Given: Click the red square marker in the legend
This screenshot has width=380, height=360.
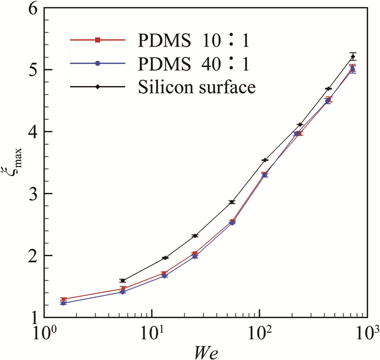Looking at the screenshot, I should click(x=98, y=40).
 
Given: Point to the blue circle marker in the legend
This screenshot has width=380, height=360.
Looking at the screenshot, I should click(x=98, y=63).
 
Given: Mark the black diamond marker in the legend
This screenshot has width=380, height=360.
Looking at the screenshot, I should click(x=98, y=87).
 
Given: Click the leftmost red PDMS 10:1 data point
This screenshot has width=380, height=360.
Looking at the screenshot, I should click(x=64, y=299).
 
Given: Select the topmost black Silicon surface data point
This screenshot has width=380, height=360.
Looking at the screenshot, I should click(x=353, y=56).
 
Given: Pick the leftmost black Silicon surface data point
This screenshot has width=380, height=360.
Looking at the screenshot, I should click(x=123, y=281).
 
